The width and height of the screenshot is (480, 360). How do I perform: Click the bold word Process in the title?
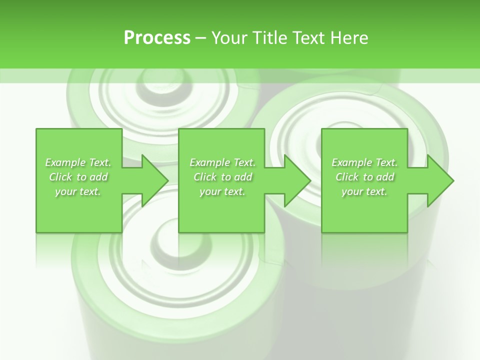(x=157, y=37)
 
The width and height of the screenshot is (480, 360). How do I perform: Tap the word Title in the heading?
(x=270, y=37)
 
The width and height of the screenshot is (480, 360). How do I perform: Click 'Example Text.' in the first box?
(x=78, y=162)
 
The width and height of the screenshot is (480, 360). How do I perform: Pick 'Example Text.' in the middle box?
(x=222, y=162)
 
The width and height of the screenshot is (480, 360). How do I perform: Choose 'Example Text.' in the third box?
(x=364, y=162)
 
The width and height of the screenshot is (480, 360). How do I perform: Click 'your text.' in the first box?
(x=78, y=191)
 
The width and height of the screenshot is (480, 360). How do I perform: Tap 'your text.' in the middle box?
(x=222, y=191)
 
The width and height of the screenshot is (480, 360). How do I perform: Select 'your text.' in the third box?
(x=364, y=191)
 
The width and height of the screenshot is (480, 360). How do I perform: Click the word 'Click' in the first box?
(x=60, y=177)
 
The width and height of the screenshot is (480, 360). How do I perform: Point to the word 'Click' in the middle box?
(x=205, y=177)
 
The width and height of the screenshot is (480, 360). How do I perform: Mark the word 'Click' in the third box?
(x=347, y=177)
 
